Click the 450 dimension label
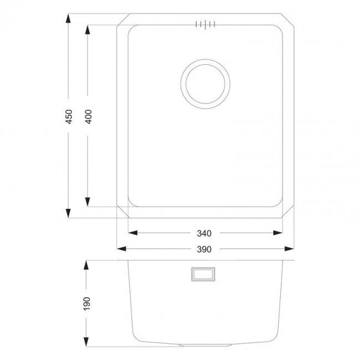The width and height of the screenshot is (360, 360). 69,116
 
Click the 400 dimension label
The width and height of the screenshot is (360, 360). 89,116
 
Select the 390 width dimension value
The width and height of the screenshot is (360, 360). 205,249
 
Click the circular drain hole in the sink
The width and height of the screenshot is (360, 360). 205,84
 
